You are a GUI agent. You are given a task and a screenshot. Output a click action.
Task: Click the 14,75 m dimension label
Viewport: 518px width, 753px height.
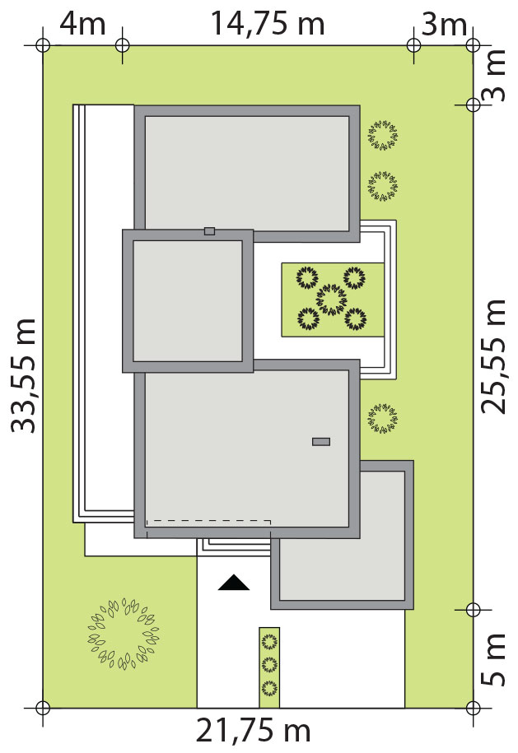click(x=268, y=24)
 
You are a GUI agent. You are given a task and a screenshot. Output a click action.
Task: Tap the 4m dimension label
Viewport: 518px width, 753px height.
click(x=82, y=24)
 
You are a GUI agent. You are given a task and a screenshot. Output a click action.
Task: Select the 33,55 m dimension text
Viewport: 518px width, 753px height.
click(x=24, y=375)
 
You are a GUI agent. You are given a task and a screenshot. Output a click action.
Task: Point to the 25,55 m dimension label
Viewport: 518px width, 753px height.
click(x=493, y=356)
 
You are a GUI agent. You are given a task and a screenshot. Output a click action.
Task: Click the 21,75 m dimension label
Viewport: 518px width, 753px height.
click(x=253, y=731)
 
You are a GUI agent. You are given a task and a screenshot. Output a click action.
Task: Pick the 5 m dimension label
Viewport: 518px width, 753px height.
click(x=493, y=659)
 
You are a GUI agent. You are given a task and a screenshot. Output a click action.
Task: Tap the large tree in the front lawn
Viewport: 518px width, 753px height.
click(x=123, y=634)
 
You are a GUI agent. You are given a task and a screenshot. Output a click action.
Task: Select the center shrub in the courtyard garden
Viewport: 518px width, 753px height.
click(x=332, y=300)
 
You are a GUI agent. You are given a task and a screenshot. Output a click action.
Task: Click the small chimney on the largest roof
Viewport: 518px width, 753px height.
click(x=321, y=442)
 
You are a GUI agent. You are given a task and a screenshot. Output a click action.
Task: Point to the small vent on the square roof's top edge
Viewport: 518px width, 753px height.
click(x=209, y=231)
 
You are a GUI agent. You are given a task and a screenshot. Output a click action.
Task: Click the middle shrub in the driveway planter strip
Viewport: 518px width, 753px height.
click(x=269, y=665)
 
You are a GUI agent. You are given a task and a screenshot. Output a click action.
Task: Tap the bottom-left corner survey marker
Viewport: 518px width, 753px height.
click(x=43, y=708)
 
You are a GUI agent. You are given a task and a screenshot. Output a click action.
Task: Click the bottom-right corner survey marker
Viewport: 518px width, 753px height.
click(x=473, y=708)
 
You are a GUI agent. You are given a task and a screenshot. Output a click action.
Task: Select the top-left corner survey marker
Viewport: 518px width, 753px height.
click(x=43, y=45)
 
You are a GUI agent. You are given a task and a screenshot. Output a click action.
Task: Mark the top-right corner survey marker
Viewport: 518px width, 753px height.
click(x=473, y=45)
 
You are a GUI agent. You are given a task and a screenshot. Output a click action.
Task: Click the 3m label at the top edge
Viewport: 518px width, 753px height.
click(x=444, y=25)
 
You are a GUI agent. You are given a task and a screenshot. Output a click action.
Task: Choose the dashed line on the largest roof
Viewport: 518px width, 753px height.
click(x=209, y=521)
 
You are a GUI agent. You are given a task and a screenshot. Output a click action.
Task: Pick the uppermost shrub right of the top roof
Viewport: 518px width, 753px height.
click(x=383, y=136)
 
